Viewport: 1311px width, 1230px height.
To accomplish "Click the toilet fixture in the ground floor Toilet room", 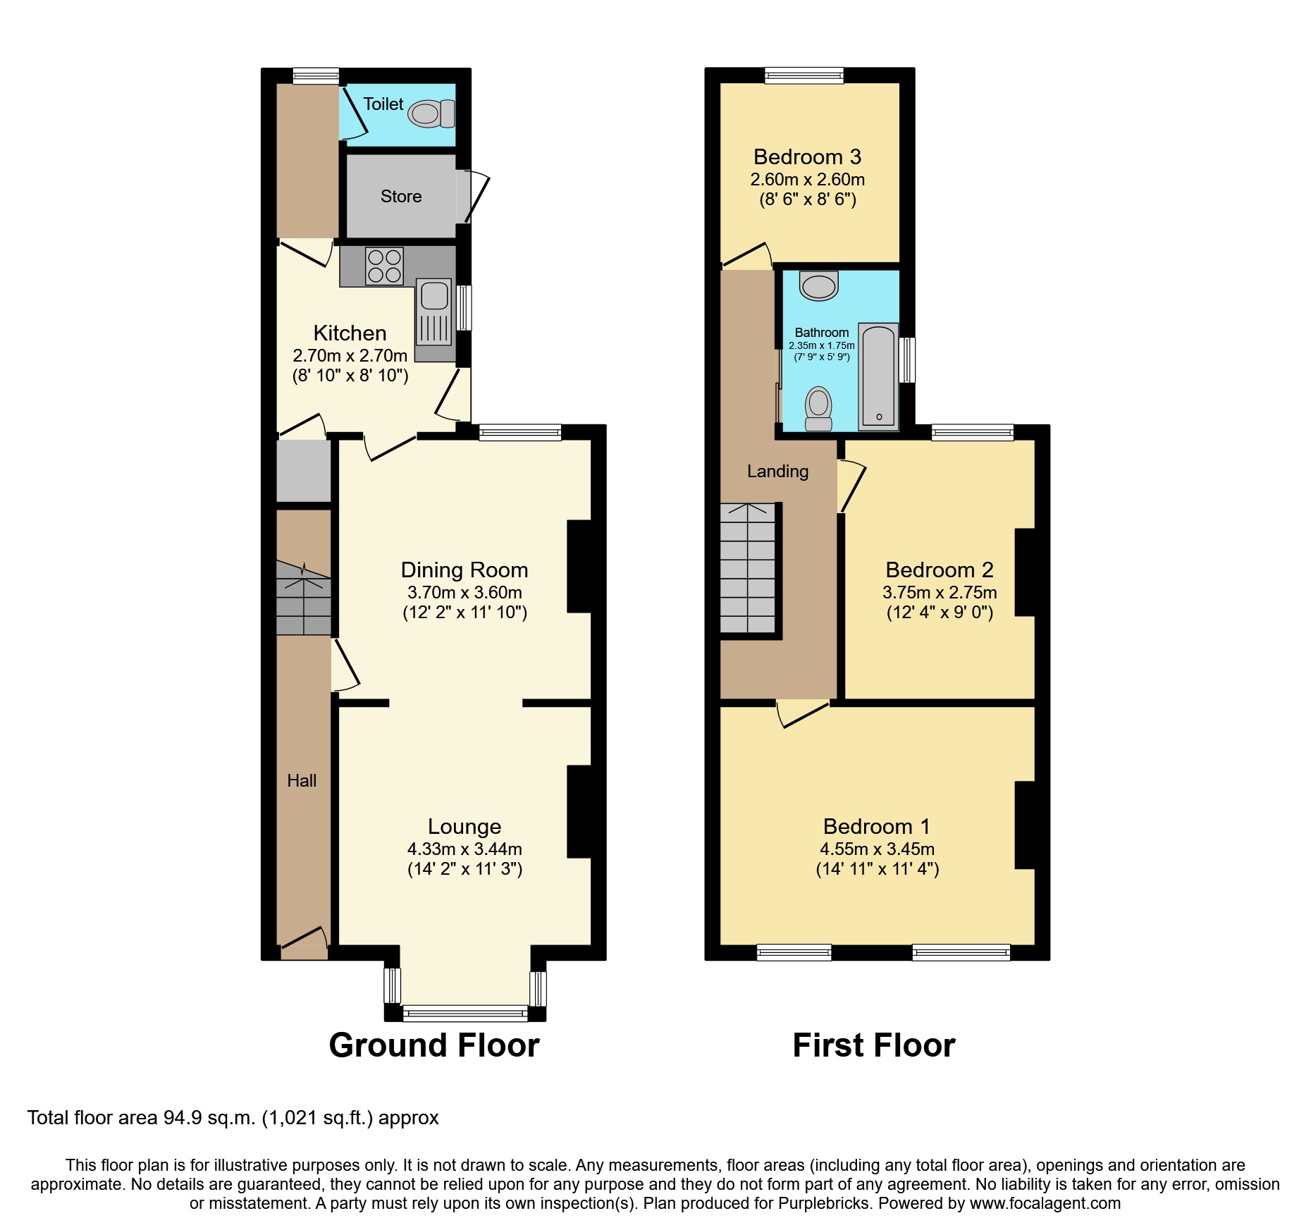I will (431, 113).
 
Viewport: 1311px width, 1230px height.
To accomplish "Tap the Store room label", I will (401, 197).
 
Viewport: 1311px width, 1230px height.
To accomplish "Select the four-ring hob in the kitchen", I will (384, 266).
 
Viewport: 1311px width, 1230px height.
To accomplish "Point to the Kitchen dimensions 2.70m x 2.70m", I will (350, 355).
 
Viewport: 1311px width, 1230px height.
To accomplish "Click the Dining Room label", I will (464, 570).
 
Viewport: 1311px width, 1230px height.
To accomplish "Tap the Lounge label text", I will (464, 826).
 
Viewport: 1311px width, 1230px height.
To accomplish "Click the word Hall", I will (302, 780).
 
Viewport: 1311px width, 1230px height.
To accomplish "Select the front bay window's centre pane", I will (464, 1014).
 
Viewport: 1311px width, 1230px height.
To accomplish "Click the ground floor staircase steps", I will (303, 599).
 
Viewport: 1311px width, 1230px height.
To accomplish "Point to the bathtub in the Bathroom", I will (878, 376).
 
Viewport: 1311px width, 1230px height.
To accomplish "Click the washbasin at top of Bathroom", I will (818, 285).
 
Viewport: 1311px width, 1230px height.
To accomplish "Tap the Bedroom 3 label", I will (807, 156).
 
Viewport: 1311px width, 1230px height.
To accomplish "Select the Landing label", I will (777, 471).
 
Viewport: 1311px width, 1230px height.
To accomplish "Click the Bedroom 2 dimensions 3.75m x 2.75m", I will (939, 592).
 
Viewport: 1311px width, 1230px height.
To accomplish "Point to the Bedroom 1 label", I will (876, 826).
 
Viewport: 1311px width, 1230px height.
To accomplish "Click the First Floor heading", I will (873, 1045).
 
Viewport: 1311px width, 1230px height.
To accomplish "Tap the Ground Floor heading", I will (433, 1045).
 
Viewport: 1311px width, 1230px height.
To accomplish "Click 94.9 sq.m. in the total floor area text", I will (209, 1118).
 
